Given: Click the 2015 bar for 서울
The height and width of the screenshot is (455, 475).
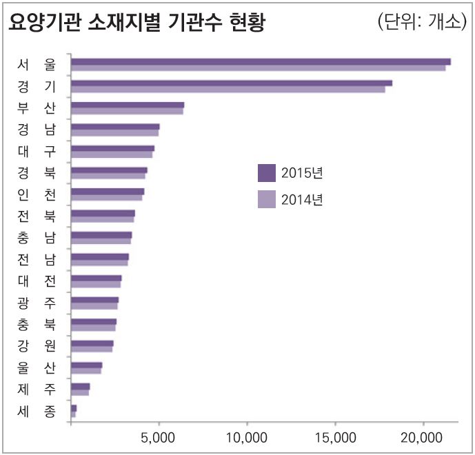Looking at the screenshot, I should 261,61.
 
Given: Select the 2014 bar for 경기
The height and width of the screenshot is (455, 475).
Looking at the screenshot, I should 228,89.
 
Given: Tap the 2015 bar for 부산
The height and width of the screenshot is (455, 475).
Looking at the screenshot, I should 128,105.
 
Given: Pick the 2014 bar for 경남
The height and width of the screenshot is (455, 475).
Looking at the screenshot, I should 114,132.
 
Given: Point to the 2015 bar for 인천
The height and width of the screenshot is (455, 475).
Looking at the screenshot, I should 108,191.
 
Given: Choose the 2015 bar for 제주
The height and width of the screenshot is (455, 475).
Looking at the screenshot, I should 81,386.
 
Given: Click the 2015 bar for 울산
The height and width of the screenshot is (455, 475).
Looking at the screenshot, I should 86,365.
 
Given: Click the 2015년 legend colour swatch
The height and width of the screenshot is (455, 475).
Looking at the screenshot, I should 266,173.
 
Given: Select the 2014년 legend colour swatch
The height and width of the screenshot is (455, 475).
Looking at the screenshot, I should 266,199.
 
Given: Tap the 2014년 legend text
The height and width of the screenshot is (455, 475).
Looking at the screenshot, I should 302,200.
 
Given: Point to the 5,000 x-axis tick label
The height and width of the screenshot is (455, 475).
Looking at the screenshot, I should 159,438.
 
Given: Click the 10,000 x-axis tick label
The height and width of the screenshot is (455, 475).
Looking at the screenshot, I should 246,438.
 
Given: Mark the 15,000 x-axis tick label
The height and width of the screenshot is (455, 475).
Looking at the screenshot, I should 334,438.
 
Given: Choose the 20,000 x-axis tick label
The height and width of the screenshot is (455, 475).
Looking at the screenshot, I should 422,438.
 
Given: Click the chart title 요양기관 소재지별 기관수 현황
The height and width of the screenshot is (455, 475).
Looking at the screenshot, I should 136,23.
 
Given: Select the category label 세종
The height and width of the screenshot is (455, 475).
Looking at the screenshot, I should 37,412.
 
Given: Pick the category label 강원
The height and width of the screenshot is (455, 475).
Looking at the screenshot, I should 37,346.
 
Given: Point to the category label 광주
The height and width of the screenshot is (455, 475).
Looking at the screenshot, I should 37,303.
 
